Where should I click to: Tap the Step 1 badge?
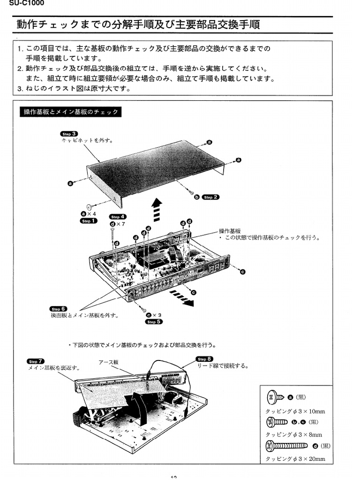point(89,221)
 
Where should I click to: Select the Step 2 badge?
point(210,197)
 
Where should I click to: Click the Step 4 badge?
point(117,217)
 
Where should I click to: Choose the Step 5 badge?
point(154,322)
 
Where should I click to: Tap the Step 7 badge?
point(36,361)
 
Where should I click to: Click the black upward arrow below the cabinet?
point(157,209)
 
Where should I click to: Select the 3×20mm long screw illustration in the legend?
point(286,445)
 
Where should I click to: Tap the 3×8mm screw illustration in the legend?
point(277,422)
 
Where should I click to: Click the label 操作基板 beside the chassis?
point(229,231)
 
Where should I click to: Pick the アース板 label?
point(108,362)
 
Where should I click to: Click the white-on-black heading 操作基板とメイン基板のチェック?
point(71,112)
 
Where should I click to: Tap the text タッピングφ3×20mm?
point(295,459)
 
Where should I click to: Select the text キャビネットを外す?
point(87,140)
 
